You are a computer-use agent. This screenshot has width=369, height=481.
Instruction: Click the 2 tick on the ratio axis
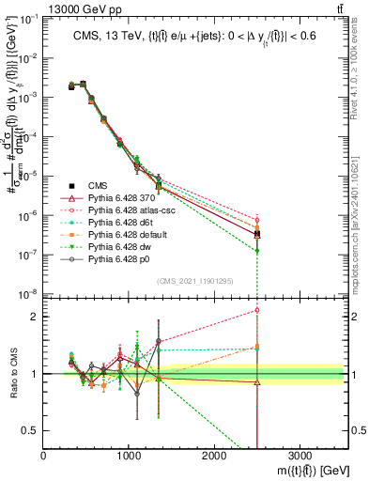pos(37,316)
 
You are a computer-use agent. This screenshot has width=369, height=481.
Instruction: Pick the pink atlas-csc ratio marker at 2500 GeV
pos(256,310)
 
